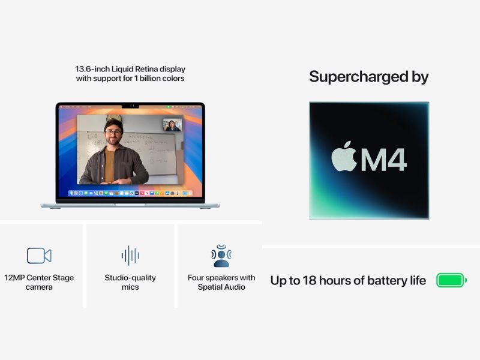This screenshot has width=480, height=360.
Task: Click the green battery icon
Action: pyautogui.click(x=451, y=280)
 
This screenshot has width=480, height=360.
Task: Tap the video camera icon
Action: pyautogui.click(x=39, y=256)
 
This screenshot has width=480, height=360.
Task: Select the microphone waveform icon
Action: pyautogui.click(x=130, y=256)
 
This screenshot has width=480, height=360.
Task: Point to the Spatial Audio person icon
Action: pyautogui.click(x=221, y=256)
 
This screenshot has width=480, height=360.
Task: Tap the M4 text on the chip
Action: pyautogui.click(x=383, y=160)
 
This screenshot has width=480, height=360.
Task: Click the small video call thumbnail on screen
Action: pyautogui.click(x=173, y=125)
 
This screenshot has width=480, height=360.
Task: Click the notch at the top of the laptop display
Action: pyautogui.click(x=130, y=106)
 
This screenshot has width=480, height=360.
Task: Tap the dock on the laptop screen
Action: pyautogui.click(x=130, y=193)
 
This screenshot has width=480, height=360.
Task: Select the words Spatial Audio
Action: pyautogui.click(x=221, y=287)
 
